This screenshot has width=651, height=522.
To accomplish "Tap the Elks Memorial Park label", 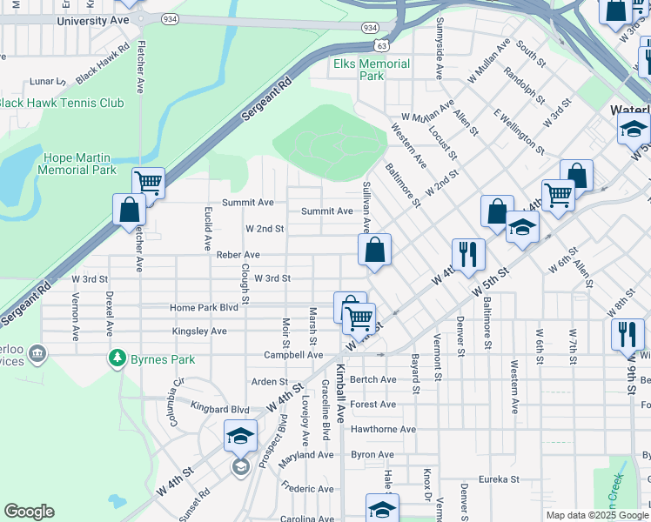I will tap(372, 70).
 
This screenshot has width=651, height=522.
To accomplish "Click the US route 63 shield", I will tap(382, 44).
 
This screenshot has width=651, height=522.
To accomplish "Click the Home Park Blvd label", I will tap(204, 308).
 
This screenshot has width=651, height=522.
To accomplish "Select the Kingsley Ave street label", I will tap(199, 331).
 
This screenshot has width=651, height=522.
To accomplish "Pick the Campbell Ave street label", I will tap(293, 355).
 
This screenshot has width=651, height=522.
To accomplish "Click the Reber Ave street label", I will tap(238, 255).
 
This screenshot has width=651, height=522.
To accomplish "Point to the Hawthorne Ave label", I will tap(384, 429).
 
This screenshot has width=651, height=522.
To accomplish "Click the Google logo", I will tap(29, 512).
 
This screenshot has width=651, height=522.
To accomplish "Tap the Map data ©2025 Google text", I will tap(596, 515).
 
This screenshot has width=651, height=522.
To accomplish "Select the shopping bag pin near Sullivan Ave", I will tap(374, 251).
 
